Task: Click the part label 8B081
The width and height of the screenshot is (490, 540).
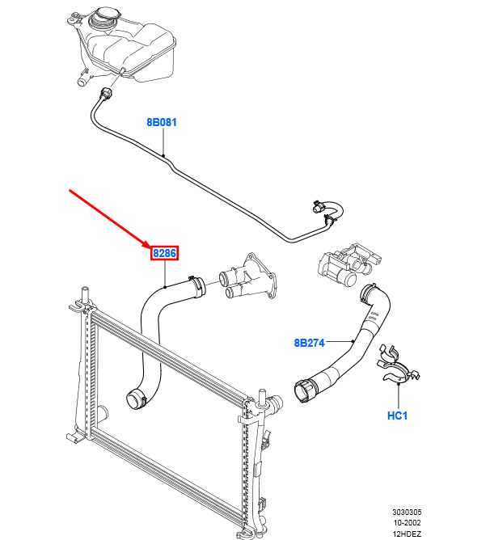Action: coord(161,123)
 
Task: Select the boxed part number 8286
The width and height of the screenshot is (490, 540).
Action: coord(164,254)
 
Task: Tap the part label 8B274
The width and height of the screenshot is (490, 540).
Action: coord(309,343)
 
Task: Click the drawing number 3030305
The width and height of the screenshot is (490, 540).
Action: coord(408,513)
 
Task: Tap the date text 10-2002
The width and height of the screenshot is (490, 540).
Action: coord(408,522)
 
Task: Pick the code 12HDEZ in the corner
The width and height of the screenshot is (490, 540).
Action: coord(408,533)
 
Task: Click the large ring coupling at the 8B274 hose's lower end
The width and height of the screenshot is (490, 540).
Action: coord(306,390)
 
